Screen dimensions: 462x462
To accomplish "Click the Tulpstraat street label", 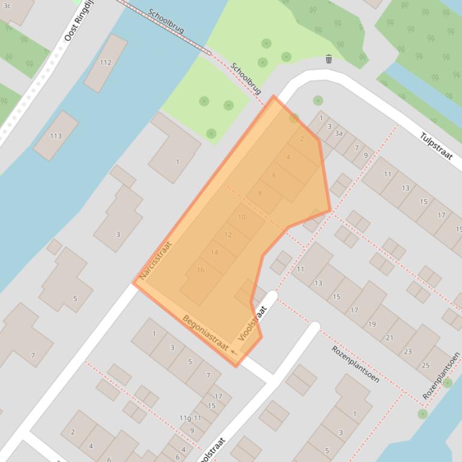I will (436, 146).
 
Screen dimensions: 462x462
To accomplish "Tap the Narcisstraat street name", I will (156, 260).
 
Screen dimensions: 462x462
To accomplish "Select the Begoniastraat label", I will (205, 333).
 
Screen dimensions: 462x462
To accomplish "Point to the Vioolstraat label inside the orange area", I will (252, 323).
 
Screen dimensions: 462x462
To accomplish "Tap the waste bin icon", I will (329, 59).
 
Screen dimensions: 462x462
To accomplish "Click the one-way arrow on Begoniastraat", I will (234, 352).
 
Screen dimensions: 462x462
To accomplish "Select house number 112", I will (106, 62).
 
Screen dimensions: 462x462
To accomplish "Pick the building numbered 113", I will (56, 136).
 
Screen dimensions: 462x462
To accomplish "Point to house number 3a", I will (339, 133).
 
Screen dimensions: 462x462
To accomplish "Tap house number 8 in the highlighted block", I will (260, 193).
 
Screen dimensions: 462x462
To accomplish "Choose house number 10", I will (242, 217).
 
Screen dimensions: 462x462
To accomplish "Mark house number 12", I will (228, 235).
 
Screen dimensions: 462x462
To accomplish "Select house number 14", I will (214, 252).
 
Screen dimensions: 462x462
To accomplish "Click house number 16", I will (200, 270).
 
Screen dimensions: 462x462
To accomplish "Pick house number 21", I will (389, 338).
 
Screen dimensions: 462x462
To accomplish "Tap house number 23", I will (408, 352).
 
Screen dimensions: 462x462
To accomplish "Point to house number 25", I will (425, 365).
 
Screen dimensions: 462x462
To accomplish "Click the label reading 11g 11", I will (190, 418).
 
